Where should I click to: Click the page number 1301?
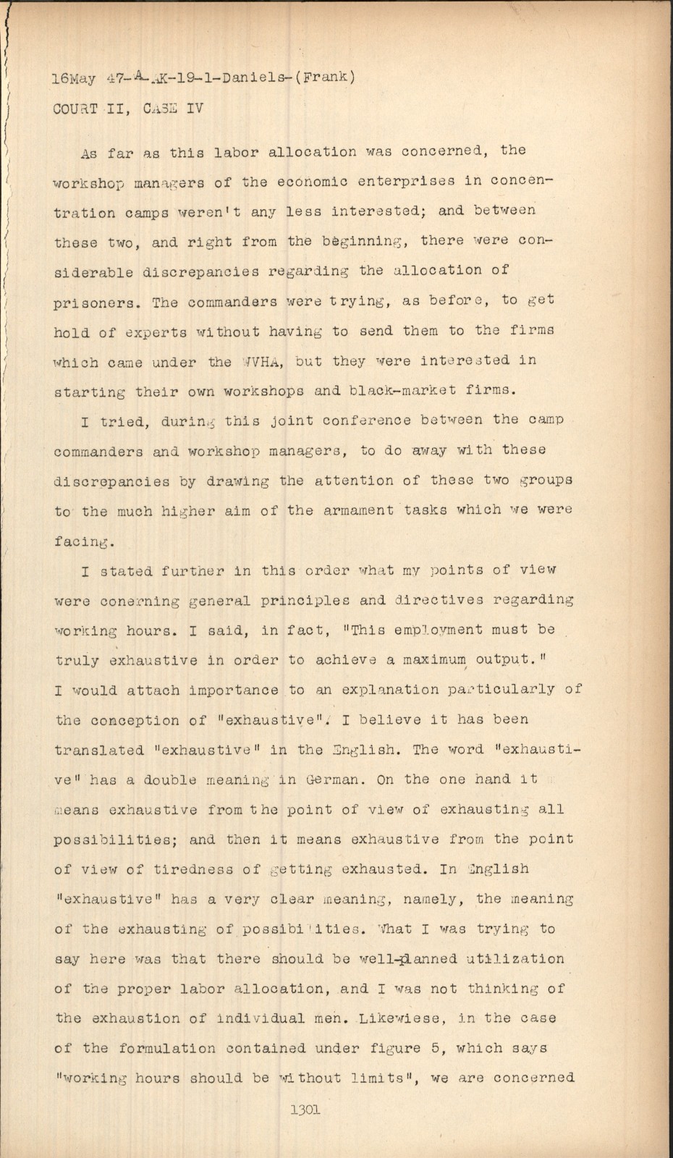click(x=305, y=1110)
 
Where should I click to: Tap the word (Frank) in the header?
click(x=324, y=77)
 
